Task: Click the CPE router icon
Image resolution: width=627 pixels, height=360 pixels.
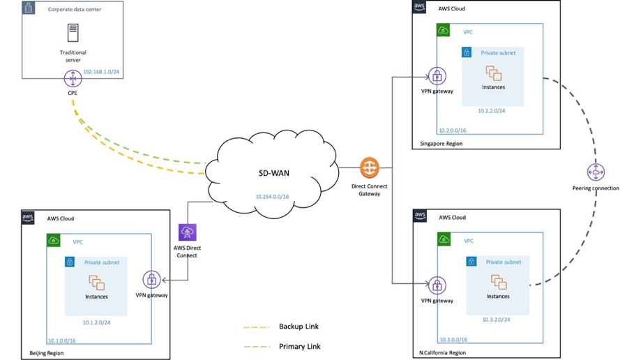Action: tap(73, 80)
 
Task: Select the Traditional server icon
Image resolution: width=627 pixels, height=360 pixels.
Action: tap(73, 33)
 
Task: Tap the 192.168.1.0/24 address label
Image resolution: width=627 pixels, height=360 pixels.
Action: tap(101, 71)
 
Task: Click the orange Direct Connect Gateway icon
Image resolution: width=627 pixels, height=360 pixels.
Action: tap(370, 168)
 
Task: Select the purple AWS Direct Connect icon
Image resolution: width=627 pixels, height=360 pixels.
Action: tap(187, 232)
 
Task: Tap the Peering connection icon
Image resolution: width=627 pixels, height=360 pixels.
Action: tap(596, 172)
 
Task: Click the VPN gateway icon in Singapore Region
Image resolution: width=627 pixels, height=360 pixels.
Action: tap(437, 76)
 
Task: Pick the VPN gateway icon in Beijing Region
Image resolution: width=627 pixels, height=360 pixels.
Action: tap(151, 280)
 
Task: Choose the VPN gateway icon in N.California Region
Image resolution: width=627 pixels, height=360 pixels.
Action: tap(437, 285)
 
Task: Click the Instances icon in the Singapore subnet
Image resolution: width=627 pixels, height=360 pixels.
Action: tap(494, 73)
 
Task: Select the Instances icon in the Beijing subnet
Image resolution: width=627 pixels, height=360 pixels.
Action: tap(96, 283)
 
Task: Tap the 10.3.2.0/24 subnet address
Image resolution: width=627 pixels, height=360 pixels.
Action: tap(496, 320)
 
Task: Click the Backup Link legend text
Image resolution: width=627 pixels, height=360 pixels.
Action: tap(299, 327)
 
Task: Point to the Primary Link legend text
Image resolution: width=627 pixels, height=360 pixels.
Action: tap(300, 346)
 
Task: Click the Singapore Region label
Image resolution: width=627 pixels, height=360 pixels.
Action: tap(441, 144)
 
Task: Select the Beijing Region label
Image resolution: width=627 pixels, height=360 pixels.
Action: tap(47, 354)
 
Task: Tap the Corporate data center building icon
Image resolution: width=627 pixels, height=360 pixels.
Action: tap(29, 8)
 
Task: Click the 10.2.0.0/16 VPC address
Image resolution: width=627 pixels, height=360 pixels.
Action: tap(452, 130)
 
